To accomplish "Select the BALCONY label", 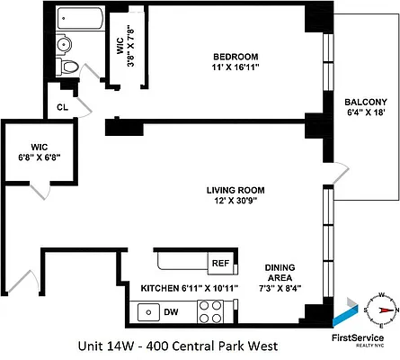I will (x=365, y=102).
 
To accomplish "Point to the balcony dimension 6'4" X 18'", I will (x=365, y=114).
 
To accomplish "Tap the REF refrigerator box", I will (x=219, y=264).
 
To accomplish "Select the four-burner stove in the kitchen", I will (x=210, y=311).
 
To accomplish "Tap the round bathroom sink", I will (x=65, y=45).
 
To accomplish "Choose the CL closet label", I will (x=62, y=106).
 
